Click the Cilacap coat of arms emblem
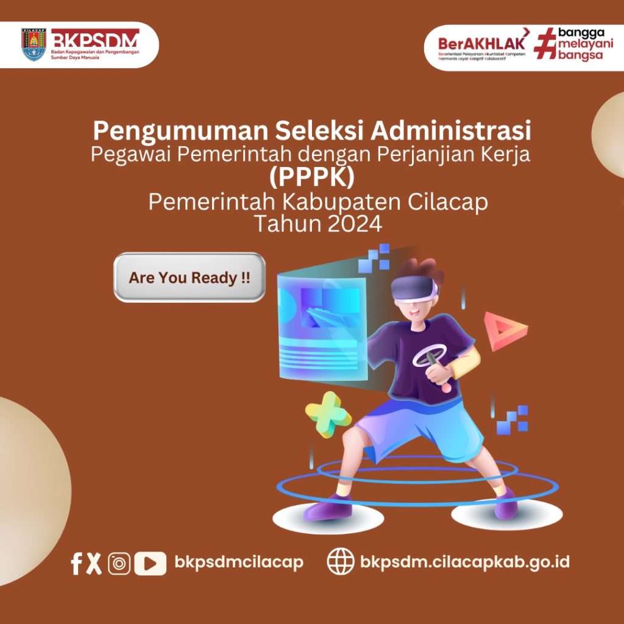34,44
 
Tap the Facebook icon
76,563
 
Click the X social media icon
94,562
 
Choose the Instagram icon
119,563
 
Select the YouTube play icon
150,563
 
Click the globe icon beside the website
341,561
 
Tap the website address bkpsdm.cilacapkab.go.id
465,561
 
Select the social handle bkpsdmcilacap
239,561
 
